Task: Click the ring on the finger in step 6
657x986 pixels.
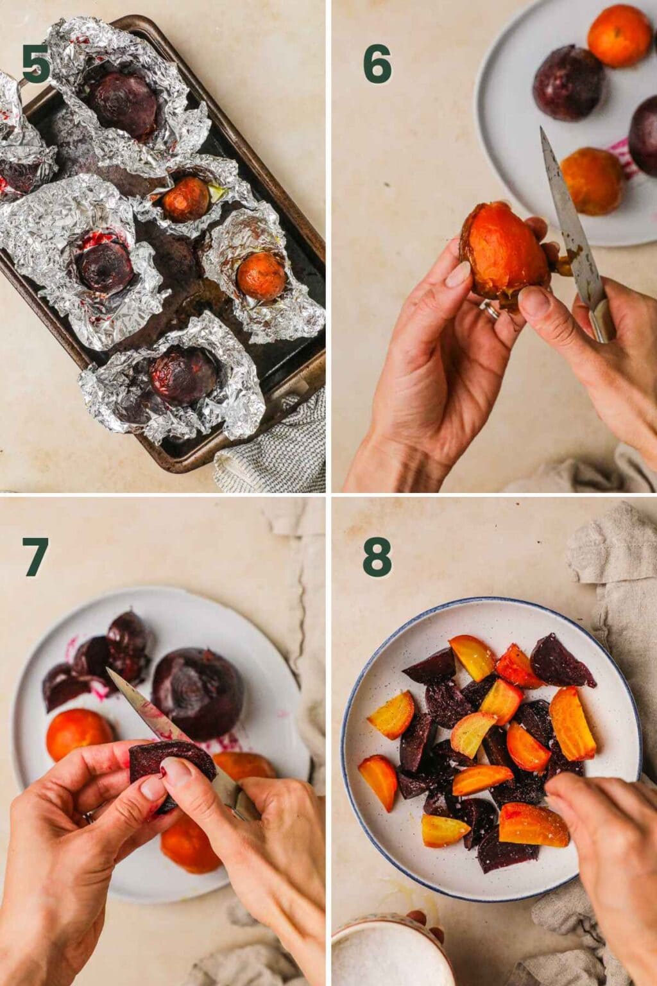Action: [x=490, y=311]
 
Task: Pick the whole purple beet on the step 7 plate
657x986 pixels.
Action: [x=189, y=693]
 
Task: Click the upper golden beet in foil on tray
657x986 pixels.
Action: [x=185, y=199]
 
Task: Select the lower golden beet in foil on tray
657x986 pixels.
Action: [x=260, y=276]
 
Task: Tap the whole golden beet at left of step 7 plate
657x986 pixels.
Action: [x=80, y=735]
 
